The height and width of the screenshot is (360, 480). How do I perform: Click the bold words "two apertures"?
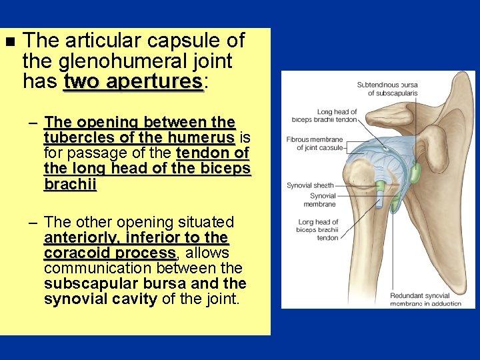pos(133,82)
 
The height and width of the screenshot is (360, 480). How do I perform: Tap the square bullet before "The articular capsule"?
pos(9,42)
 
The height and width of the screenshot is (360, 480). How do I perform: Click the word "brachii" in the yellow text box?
pos(70,183)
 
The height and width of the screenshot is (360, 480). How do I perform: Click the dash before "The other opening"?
pos(33,223)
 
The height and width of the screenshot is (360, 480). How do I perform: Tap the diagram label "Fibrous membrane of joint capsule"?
pos(315,143)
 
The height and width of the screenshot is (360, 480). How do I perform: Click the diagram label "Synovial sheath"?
pos(310,185)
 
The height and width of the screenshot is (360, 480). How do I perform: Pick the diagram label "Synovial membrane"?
pos(323,200)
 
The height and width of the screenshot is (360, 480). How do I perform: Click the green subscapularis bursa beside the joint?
pos(414,175)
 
